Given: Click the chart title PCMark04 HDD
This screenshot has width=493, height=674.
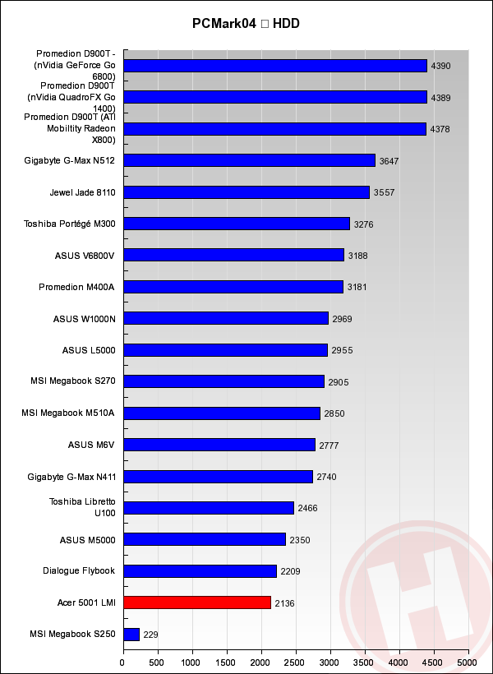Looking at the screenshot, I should [x=246, y=23].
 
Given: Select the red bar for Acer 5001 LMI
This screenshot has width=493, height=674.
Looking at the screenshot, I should [x=197, y=602].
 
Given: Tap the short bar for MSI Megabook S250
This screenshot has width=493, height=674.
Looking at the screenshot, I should [x=131, y=635].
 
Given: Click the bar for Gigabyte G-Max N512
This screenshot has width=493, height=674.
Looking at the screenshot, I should [x=249, y=160].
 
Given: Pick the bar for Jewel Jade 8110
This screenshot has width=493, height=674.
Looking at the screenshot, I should [x=246, y=192].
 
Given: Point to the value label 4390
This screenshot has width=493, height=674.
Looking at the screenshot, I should [x=441, y=66].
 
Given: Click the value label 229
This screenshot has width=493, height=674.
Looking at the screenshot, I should [x=150, y=635].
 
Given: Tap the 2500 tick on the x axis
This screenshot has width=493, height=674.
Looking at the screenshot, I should [x=296, y=661].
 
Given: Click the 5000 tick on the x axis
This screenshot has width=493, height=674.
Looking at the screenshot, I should [x=468, y=661].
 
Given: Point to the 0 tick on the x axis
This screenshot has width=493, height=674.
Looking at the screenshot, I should [x=123, y=661].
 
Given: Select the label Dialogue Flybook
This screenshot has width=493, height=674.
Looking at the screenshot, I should [x=79, y=570].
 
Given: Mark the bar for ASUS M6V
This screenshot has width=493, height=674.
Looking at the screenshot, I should [x=219, y=445].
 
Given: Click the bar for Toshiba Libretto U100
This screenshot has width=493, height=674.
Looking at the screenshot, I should [x=209, y=508].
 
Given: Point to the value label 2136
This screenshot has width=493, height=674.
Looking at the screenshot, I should [x=285, y=603].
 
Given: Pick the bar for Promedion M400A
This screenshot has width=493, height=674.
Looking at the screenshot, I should [x=233, y=287].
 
